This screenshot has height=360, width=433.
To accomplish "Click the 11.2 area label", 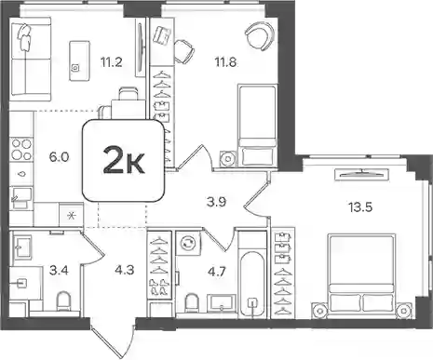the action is click(x=111, y=62).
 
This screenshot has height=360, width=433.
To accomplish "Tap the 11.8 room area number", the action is click(x=225, y=62).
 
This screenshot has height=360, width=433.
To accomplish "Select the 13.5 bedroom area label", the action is click(x=360, y=207).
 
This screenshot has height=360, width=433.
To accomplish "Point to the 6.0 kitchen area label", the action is click(x=59, y=157).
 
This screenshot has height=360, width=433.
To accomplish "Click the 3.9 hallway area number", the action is click(x=216, y=202).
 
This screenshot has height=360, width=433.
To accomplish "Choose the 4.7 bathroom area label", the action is click(x=216, y=272).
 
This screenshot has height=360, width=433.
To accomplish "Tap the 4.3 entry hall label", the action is click(x=124, y=270).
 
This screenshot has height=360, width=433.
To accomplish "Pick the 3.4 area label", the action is click(x=59, y=271).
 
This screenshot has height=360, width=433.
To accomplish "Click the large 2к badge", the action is click(x=123, y=161).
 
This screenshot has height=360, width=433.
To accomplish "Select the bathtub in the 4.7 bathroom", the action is click(x=252, y=274).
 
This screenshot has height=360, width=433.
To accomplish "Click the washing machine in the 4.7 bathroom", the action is click(x=188, y=243).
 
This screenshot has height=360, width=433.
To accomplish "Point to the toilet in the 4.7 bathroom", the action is click(x=192, y=302).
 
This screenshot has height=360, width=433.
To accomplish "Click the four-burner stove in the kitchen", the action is click(x=21, y=150).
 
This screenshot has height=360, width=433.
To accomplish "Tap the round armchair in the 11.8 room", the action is click(x=260, y=37).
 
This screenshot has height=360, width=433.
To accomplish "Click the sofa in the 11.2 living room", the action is click(x=30, y=60).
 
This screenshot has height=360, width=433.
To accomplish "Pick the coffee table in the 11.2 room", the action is click(x=79, y=60).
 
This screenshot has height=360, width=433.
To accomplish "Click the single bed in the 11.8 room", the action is click(x=257, y=126).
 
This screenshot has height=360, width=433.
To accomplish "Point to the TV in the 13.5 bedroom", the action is click(x=361, y=174).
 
